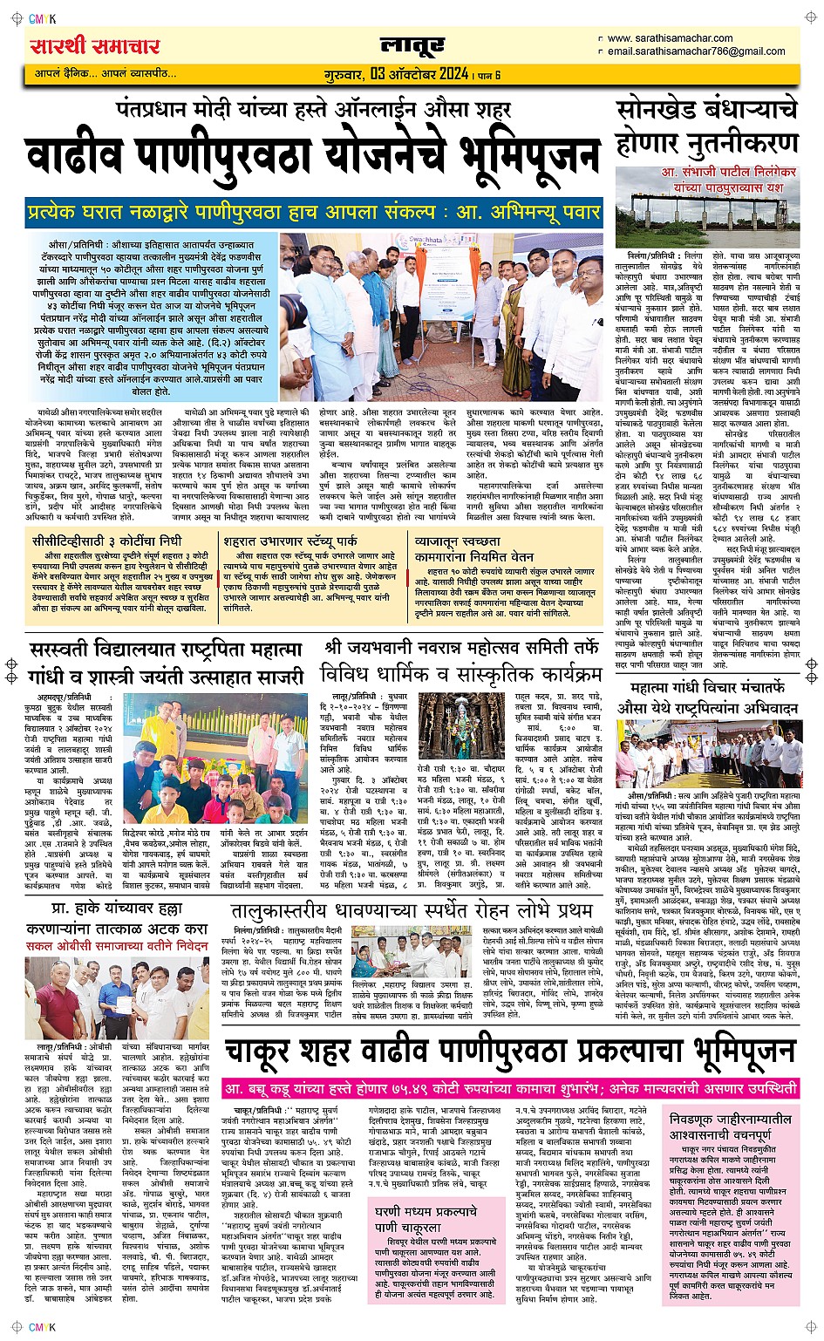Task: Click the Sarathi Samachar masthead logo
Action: tap(94, 46)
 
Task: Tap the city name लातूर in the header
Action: tap(412, 44)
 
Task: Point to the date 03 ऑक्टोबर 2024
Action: tap(419, 74)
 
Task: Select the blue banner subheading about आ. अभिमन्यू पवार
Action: tap(313, 212)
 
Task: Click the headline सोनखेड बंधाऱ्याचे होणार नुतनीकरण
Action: tap(707, 126)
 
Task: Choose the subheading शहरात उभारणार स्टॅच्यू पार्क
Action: tap(289, 541)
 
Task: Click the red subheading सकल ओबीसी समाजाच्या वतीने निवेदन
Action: tap(117, 944)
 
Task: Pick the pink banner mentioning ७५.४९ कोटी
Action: tap(511, 1089)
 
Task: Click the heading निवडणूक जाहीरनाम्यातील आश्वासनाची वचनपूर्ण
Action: tap(731, 1126)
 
